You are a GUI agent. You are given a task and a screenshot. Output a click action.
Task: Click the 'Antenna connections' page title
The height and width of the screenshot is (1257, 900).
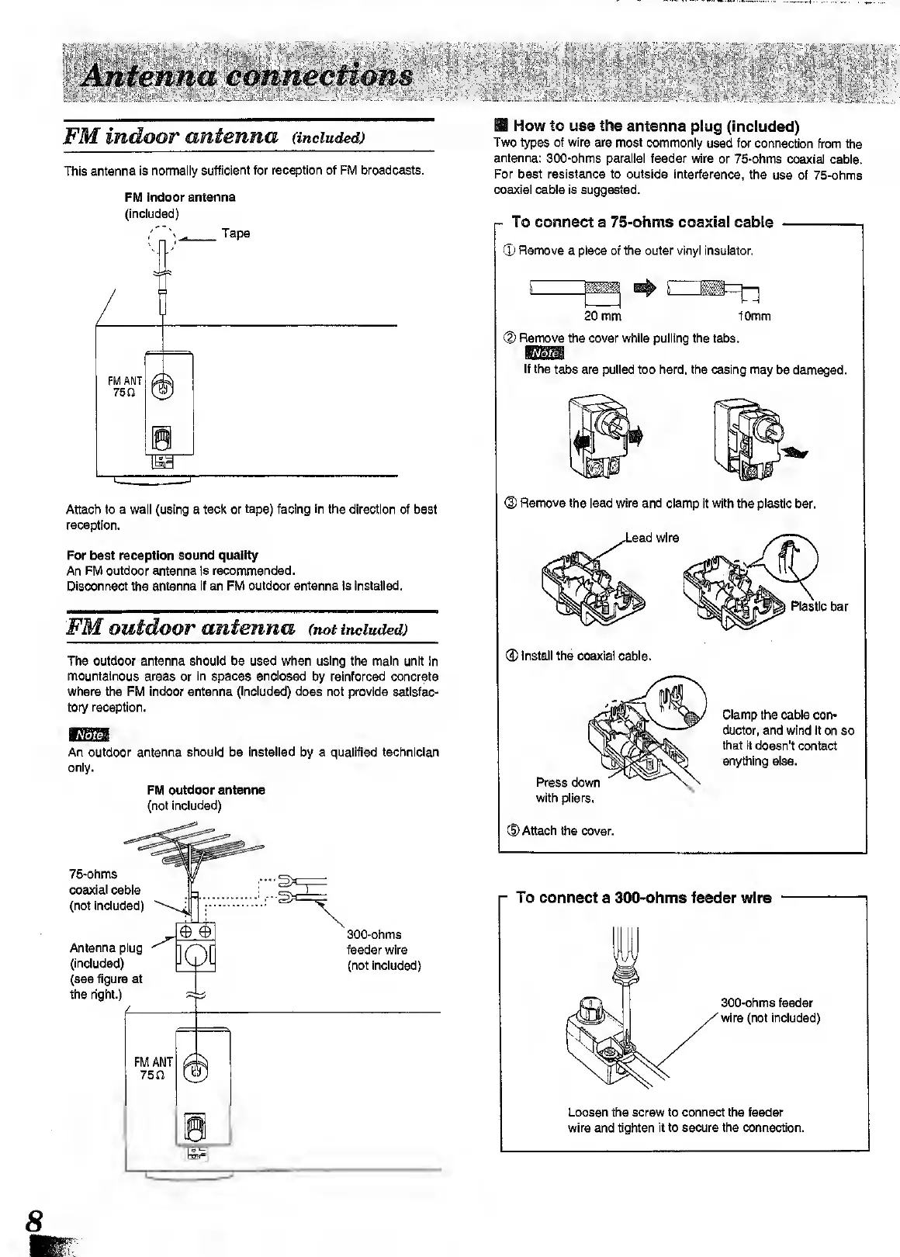(247, 76)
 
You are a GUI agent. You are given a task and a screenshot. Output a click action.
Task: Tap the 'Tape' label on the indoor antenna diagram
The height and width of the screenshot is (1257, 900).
(236, 233)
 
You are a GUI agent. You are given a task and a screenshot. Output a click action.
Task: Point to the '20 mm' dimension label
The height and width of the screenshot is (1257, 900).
(602, 317)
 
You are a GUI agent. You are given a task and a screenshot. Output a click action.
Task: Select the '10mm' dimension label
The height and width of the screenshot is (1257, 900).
(754, 317)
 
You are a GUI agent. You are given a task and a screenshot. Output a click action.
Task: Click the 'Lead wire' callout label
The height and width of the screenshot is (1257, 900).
(652, 538)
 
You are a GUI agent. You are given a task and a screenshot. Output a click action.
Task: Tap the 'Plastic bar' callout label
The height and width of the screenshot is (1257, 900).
(819, 606)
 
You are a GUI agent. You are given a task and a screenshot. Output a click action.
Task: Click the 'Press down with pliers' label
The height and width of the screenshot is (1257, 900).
(568, 790)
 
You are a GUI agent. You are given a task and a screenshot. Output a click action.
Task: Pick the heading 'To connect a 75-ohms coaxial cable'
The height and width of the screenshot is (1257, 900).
(642, 222)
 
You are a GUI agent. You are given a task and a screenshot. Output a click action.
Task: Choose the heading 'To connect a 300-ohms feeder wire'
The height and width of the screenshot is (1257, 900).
(643, 898)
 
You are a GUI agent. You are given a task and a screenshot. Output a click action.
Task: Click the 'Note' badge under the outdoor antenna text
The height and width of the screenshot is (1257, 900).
(90, 734)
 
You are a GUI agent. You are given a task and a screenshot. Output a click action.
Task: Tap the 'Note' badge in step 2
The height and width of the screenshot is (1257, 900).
(546, 355)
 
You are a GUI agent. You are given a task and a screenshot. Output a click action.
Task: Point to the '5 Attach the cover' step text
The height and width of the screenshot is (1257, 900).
(560, 831)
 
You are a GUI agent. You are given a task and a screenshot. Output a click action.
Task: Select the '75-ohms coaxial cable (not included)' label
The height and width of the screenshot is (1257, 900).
(106, 890)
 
